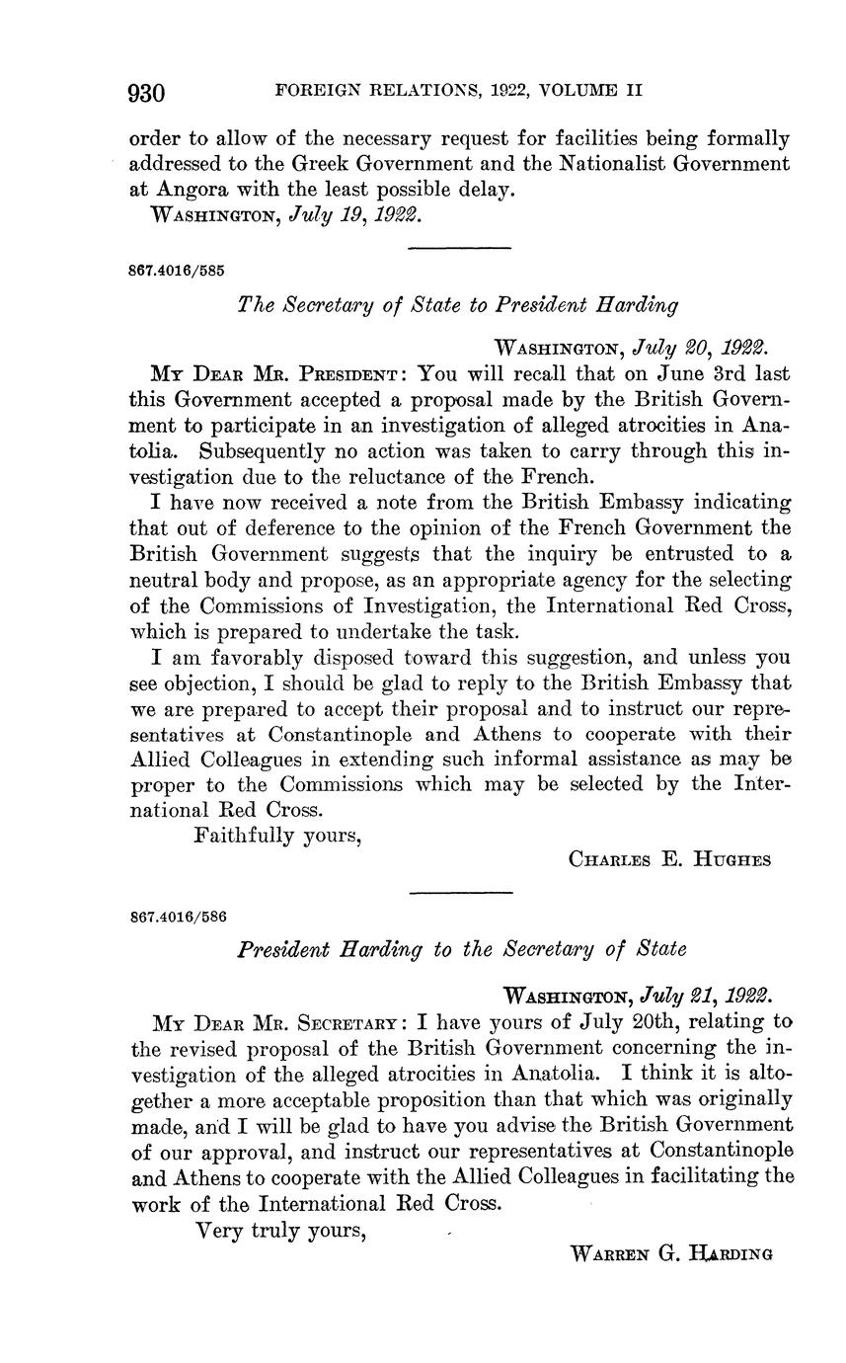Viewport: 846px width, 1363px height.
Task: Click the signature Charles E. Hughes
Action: pyautogui.click(x=670, y=859)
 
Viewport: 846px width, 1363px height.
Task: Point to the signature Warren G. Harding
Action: pyautogui.click(x=671, y=1253)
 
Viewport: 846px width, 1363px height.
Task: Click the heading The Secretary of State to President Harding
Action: pyautogui.click(x=458, y=305)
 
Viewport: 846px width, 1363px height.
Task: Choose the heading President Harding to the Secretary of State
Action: pyautogui.click(x=461, y=949)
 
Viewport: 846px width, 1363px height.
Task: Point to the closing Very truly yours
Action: pyautogui.click(x=282, y=1231)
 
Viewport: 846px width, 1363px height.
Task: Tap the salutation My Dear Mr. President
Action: pyautogui.click(x=274, y=374)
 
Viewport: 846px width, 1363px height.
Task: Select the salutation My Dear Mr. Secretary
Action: pyautogui.click(x=274, y=1021)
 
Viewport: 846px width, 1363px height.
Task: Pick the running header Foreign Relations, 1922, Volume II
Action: pyautogui.click(x=458, y=91)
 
